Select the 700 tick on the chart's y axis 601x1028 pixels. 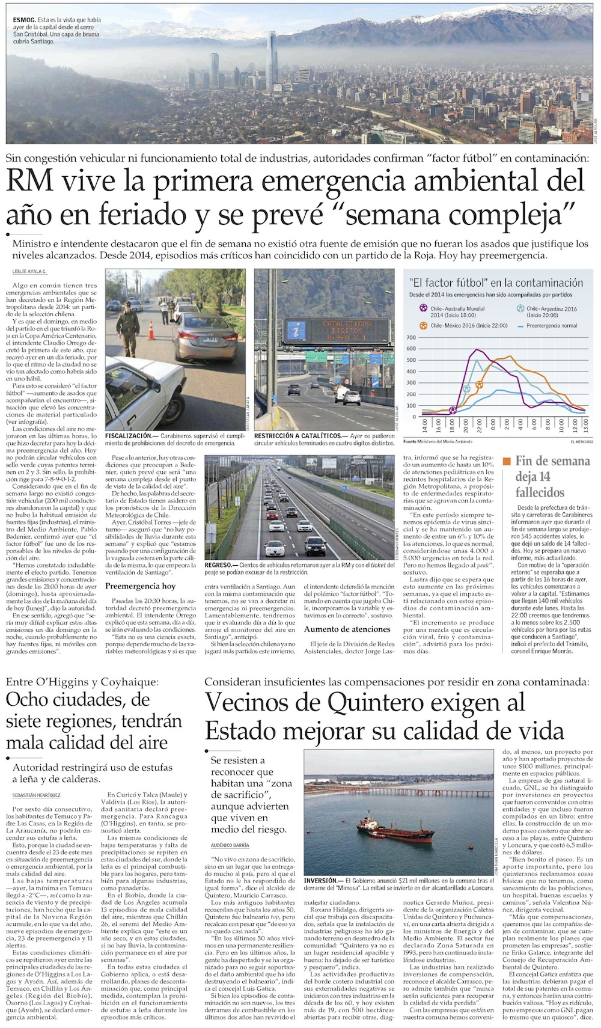(411, 337)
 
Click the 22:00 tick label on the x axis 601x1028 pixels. (480, 426)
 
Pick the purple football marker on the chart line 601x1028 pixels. (453, 411)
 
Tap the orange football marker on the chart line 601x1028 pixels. (479, 385)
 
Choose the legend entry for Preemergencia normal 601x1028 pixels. (551, 325)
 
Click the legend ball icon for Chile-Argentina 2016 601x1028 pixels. (520, 308)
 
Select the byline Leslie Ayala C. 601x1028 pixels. (29, 272)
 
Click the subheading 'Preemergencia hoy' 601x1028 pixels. (141, 586)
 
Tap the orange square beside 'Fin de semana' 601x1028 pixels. (507, 461)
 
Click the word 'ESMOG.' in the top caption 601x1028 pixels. (23, 20)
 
